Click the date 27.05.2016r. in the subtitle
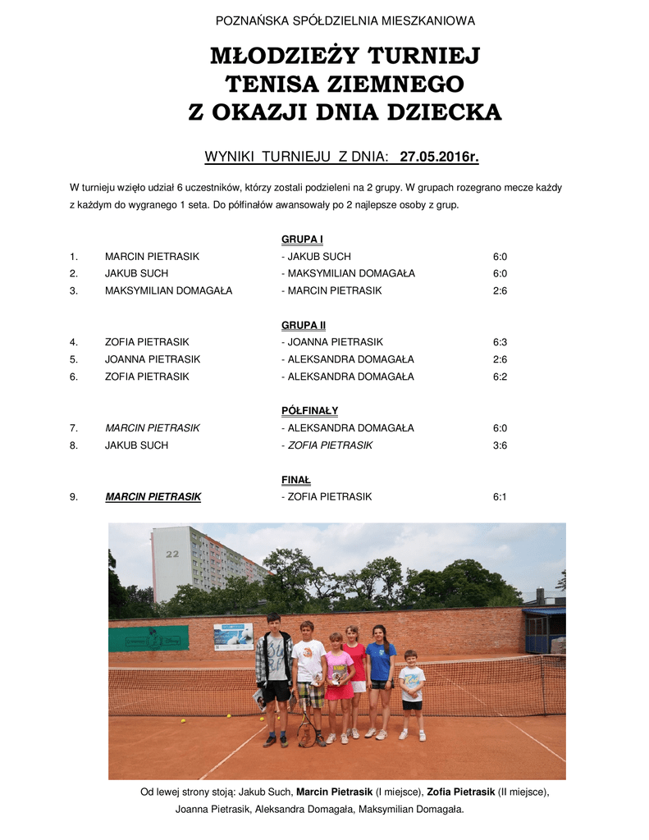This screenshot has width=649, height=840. pos(439,157)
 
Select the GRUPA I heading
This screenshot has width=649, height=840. pos(302,240)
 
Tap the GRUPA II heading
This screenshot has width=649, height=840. pos(304,325)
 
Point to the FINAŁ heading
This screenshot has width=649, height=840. pos(296,480)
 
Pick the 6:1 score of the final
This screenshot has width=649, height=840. pos(500,497)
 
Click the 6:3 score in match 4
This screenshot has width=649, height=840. pos(500,342)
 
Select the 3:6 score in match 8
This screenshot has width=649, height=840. pos(500,445)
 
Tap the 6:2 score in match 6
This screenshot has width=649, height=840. pos(500,377)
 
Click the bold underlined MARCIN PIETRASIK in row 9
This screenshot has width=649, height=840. pos(153,497)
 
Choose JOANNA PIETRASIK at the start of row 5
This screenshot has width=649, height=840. pos(152,359)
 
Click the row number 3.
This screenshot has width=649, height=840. pos(74,290)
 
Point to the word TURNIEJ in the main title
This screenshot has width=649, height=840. pos(423,57)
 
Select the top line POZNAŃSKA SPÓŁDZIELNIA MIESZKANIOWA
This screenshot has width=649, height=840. pos(345,21)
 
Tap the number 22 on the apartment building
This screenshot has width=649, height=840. pos(172,554)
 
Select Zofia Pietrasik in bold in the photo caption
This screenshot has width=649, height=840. pos(460,792)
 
